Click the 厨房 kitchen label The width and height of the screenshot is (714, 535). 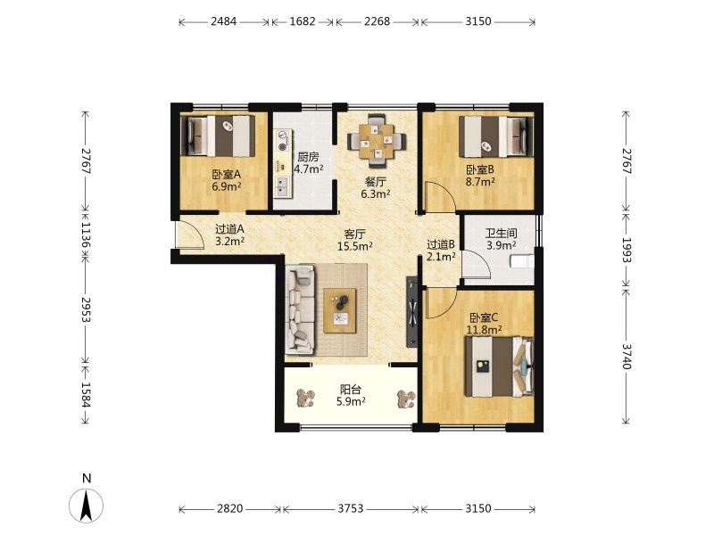pyautogui.click(x=308, y=158)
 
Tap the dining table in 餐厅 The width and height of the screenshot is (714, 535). pyautogui.click(x=377, y=141)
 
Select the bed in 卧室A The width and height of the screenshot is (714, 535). pyautogui.click(x=218, y=136)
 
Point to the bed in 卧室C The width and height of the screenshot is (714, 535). pyautogui.click(x=499, y=366)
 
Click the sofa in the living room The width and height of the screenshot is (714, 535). pyautogui.click(x=300, y=309)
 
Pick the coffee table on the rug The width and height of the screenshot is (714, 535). pyautogui.click(x=340, y=310)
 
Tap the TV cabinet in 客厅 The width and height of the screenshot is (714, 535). pyautogui.click(x=411, y=311)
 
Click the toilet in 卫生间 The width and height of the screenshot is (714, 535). pyautogui.click(x=522, y=261)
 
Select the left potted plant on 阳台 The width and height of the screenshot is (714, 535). pyautogui.click(x=304, y=398)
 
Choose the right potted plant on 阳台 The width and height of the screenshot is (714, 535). pyautogui.click(x=406, y=399)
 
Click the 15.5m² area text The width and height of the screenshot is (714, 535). pyautogui.click(x=354, y=247)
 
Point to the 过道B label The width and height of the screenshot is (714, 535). pyautogui.click(x=440, y=244)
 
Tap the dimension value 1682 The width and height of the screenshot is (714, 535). pyautogui.click(x=303, y=21)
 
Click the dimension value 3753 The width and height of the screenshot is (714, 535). pyautogui.click(x=350, y=508)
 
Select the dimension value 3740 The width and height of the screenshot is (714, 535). pyautogui.click(x=627, y=356)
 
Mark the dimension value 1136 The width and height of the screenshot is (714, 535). pyautogui.click(x=86, y=235)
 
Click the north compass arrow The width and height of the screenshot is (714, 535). pyautogui.click(x=86, y=505)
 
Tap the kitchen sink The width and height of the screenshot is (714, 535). pyautogui.click(x=283, y=186)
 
